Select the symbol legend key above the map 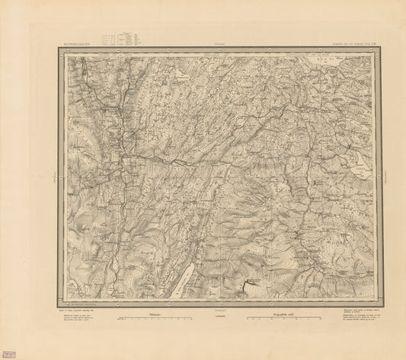click(x=120, y=39)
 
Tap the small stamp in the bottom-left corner click(x=9, y=353)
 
